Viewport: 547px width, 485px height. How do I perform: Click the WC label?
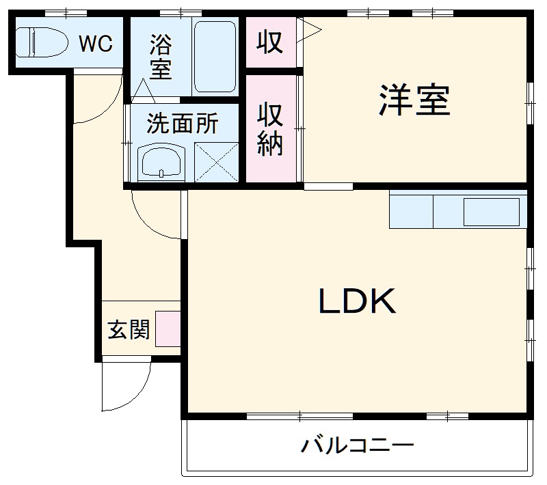(x=95, y=44)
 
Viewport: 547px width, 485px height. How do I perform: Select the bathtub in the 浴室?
(x=215, y=57)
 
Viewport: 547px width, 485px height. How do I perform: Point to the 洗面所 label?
(x=183, y=124)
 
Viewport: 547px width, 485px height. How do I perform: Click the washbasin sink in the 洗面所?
(x=161, y=163)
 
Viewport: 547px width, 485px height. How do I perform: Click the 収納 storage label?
(x=270, y=130)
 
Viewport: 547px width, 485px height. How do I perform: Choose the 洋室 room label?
(x=414, y=101)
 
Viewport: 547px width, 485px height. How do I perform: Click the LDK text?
(x=357, y=301)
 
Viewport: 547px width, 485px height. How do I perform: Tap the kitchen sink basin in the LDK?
(x=491, y=212)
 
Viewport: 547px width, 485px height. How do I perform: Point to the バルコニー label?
(x=358, y=447)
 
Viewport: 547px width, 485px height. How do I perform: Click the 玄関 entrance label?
(x=128, y=330)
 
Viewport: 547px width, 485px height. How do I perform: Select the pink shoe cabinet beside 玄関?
(x=168, y=329)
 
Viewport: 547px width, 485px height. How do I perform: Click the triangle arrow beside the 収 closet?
(x=309, y=29)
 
